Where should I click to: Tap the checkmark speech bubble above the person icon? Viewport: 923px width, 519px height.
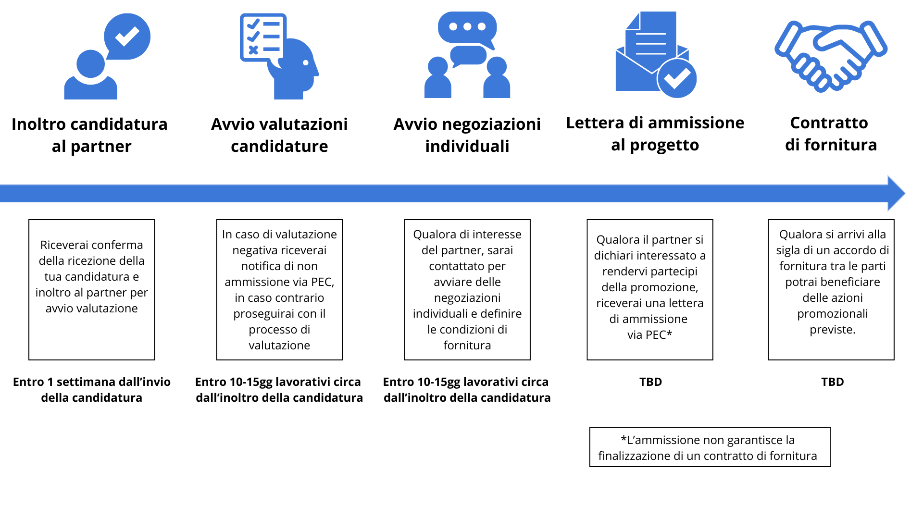click(x=127, y=37)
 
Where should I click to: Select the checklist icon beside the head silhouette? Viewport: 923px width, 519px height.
click(x=262, y=37)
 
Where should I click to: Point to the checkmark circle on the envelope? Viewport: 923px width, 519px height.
click(x=677, y=78)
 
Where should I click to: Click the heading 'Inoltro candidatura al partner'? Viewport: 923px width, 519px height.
click(x=90, y=135)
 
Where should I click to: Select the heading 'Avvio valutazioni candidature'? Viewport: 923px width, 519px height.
click(x=279, y=135)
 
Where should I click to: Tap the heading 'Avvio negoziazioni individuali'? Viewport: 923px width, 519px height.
click(x=467, y=135)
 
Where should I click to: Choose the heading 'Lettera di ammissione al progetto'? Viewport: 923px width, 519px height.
click(x=655, y=134)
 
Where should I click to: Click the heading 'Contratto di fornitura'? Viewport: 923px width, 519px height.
click(x=831, y=134)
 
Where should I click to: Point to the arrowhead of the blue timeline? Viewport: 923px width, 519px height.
click(x=905, y=193)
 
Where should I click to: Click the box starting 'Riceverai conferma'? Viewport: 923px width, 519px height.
click(x=92, y=290)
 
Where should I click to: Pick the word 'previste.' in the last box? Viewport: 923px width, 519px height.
click(x=833, y=330)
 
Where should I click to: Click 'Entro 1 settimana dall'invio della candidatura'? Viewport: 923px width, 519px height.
click(x=92, y=390)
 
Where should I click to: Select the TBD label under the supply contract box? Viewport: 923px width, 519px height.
click(x=833, y=382)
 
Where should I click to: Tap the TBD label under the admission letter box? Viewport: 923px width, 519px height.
click(x=650, y=382)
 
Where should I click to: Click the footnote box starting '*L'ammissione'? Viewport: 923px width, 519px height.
click(x=710, y=447)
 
